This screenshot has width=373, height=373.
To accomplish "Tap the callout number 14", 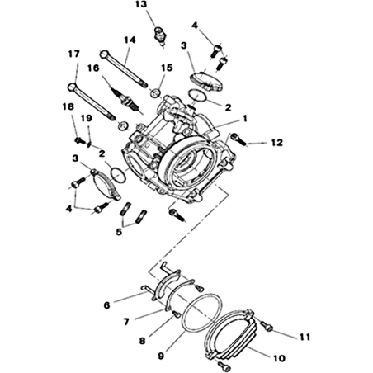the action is coord(130,40).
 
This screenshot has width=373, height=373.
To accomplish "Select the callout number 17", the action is coord(74,54).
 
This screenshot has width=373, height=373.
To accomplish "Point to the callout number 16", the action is coord(93,68).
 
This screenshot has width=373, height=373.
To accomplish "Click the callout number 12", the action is coord(277,143).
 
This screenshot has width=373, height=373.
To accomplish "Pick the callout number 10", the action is coord(279,358).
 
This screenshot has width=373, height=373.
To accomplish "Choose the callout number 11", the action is coord(305,337).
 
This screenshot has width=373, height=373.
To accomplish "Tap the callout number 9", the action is coord(161,356).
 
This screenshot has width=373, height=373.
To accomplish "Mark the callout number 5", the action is coord(119,232).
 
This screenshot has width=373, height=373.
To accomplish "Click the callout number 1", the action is coord(244,119).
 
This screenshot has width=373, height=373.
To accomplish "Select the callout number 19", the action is coord(86,118).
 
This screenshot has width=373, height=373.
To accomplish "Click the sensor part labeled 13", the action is coord(159,34).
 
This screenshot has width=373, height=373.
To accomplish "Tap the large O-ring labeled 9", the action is coord(201,312).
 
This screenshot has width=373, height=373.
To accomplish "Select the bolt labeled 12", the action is coord(238,139).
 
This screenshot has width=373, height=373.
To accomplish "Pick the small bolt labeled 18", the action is coord(80,140).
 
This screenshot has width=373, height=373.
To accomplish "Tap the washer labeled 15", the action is coord(155,92).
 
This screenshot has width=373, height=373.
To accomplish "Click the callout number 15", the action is coord(167,68).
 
